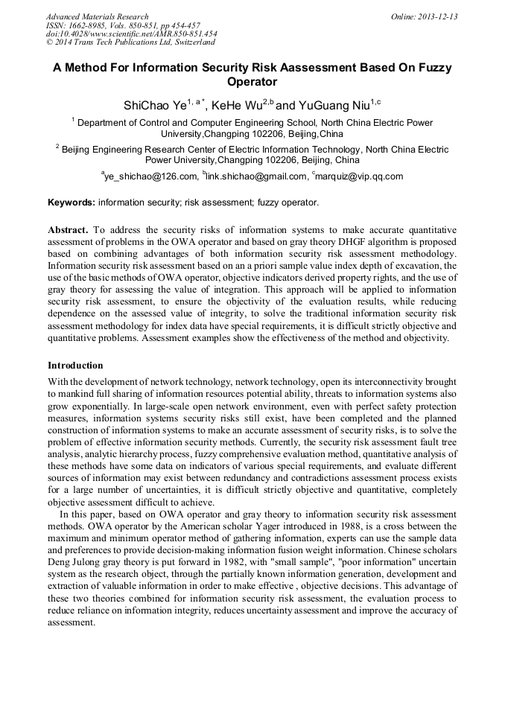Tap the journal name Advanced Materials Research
pyautogui.click(x=97, y=16)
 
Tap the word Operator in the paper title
pyautogui.click(x=252, y=82)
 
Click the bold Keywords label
pyautogui.click(x=71, y=202)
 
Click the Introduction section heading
pyautogui.click(x=75, y=366)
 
